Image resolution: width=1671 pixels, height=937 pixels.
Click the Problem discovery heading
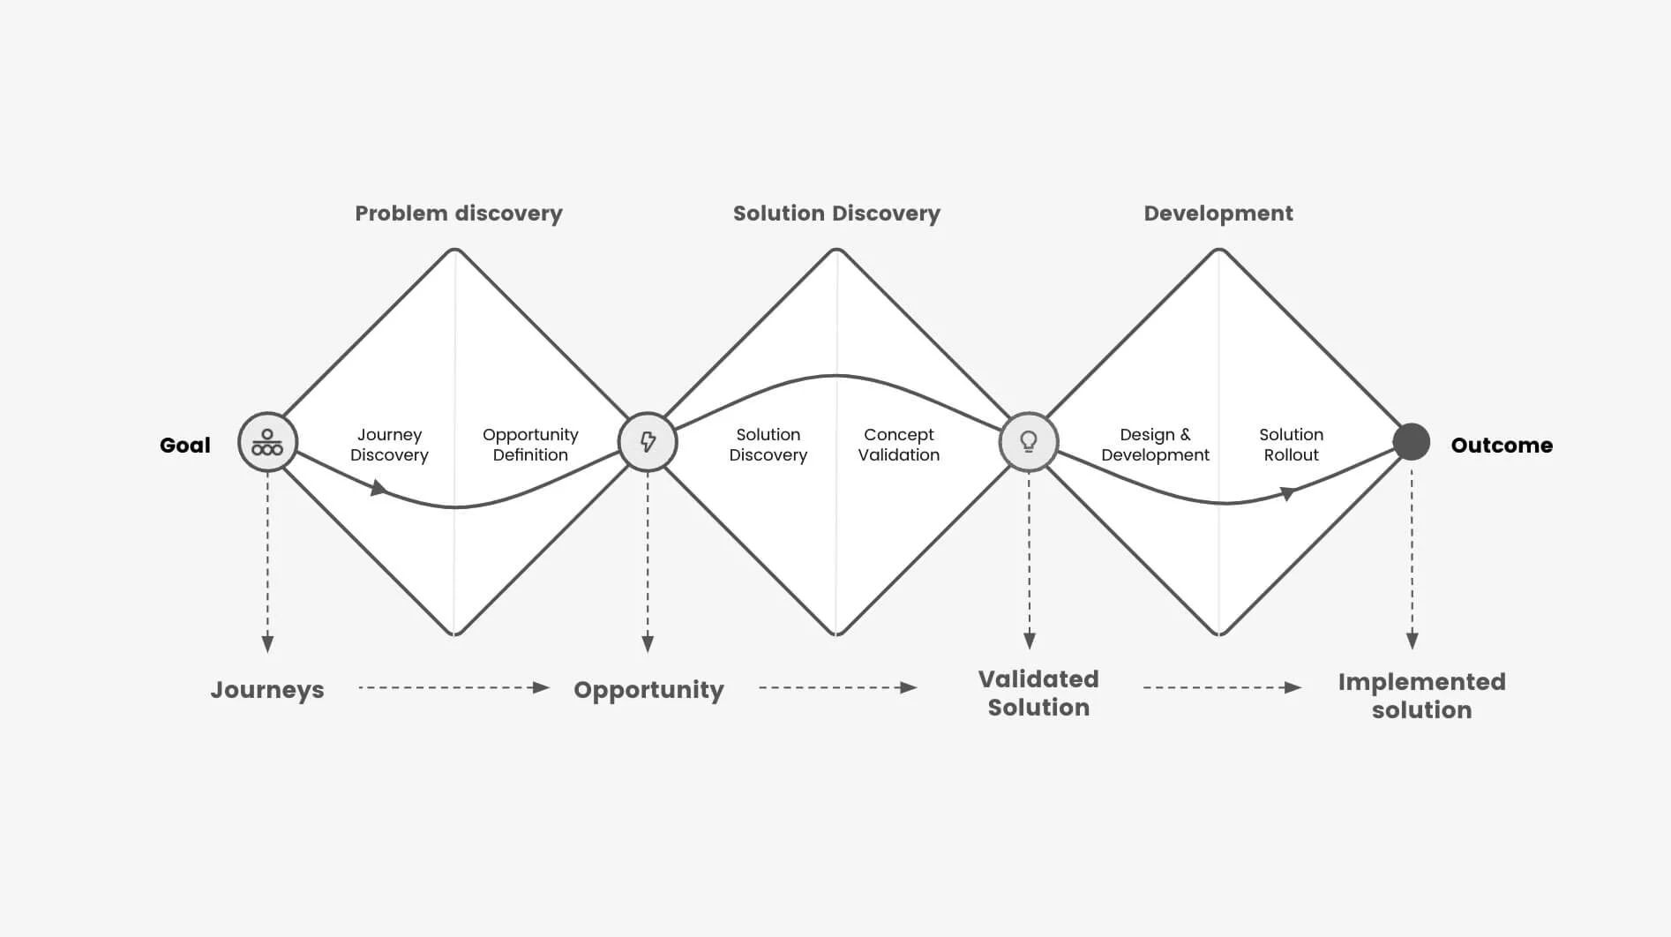point(459,214)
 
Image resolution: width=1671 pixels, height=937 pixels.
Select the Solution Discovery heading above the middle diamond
point(836,214)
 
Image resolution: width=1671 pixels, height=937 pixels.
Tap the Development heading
point(1218,213)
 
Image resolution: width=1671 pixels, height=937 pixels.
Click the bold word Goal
point(185,445)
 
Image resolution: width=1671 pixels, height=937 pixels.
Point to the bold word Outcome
point(1502,445)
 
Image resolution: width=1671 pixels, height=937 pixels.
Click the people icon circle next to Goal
point(267,442)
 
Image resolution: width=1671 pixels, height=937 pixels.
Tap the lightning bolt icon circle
point(648,442)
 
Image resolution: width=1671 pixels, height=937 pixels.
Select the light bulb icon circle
point(1029,442)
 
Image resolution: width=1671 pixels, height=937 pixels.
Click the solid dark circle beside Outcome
point(1412,442)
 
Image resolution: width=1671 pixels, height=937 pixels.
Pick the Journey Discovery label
point(389,445)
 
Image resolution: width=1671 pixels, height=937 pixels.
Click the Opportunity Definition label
point(530,445)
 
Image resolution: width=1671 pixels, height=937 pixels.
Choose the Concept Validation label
point(899,445)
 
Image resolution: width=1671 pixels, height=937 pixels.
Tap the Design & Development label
point(1155,445)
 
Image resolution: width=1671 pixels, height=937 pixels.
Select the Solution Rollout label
point(1291,445)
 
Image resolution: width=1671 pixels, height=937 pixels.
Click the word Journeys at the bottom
point(267,690)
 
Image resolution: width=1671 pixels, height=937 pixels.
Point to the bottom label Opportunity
point(648,690)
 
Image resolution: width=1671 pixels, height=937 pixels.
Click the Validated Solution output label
point(1038,693)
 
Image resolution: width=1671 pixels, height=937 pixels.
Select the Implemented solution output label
point(1421,695)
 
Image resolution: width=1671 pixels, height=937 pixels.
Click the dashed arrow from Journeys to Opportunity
point(454,687)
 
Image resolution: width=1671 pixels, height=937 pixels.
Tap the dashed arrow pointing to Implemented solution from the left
point(1222,687)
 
